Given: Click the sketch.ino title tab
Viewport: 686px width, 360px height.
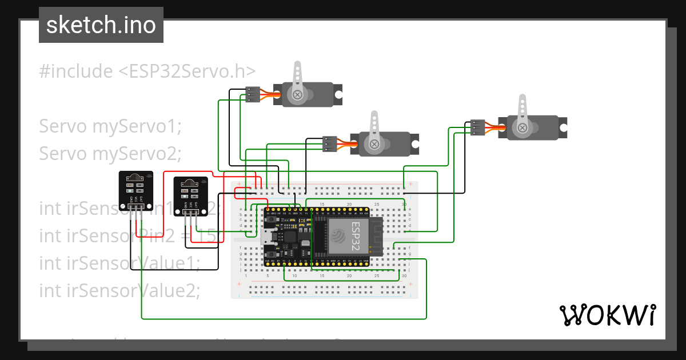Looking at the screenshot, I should [x=101, y=25].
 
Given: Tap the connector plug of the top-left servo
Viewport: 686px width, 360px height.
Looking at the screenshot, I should [x=252, y=94].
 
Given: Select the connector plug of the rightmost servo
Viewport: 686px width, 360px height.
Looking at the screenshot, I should [x=477, y=127].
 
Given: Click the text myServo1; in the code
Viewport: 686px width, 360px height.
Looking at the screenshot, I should [x=136, y=126].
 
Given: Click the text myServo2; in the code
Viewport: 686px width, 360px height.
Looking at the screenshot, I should [x=136, y=153].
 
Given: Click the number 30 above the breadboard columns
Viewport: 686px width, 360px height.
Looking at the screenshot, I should [x=404, y=204].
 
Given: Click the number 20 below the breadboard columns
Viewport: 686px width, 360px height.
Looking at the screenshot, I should [x=349, y=275].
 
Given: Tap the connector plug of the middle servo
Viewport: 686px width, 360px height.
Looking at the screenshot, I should [x=329, y=143].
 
